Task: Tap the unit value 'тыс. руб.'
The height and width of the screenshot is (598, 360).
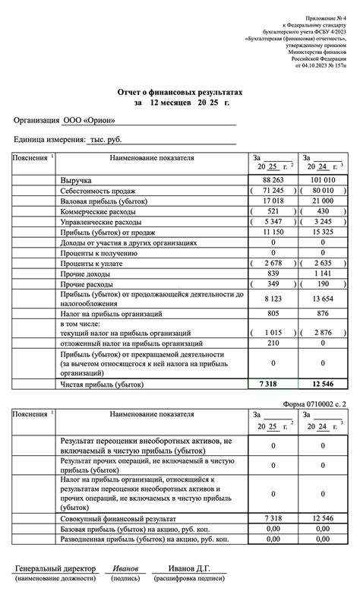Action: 106,140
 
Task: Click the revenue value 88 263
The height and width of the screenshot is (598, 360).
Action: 273,179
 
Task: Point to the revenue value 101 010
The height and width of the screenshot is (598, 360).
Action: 323,179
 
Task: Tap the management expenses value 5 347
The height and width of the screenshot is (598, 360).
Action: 273,221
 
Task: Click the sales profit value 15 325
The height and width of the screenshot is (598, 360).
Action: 323,231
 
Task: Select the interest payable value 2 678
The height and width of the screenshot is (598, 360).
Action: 273,262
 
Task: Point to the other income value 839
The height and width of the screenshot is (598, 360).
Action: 273,273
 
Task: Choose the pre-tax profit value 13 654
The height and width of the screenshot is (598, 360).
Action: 323,299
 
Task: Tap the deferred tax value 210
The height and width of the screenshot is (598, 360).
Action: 273,343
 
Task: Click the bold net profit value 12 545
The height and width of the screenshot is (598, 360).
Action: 323,385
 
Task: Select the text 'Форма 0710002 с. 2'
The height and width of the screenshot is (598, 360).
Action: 314,403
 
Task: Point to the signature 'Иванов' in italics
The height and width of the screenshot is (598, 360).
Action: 126,568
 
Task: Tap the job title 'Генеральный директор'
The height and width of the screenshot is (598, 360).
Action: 55,568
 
